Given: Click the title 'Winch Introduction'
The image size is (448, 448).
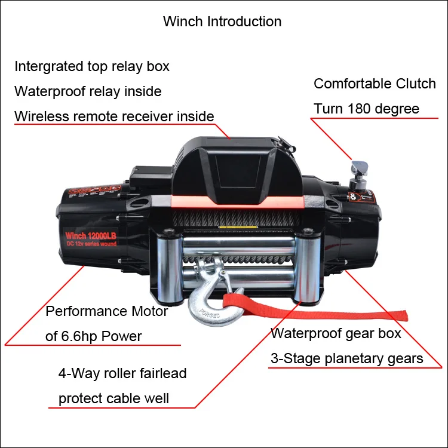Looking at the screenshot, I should click(x=222, y=22).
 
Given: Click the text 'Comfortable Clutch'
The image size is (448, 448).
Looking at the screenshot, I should click(x=375, y=84).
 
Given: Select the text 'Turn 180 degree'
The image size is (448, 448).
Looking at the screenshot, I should click(x=366, y=109).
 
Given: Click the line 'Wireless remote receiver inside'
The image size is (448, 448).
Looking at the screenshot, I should click(x=114, y=116).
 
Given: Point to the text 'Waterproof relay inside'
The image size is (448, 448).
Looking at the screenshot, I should click(x=88, y=91).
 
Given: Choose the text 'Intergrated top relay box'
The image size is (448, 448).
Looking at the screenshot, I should click(x=92, y=66).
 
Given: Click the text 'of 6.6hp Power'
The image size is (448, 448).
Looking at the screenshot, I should click(x=94, y=336).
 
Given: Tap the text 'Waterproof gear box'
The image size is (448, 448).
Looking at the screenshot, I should click(x=336, y=333).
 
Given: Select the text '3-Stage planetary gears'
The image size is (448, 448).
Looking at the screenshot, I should click(x=346, y=358).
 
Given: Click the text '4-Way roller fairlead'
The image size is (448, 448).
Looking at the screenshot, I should click(x=122, y=374).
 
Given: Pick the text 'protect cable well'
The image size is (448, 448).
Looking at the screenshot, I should click(x=113, y=398).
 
